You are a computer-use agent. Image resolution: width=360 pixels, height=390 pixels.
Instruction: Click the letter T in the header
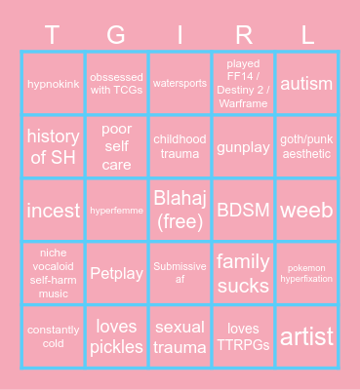click(54, 35)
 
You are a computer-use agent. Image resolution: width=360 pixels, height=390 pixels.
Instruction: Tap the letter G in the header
click(116, 35)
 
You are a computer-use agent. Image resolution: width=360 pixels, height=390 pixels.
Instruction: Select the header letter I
click(180, 35)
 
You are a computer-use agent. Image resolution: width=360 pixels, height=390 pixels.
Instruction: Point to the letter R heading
click(243, 35)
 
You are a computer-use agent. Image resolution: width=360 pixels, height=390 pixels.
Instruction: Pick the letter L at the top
click(306, 35)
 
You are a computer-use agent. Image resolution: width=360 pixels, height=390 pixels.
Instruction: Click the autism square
click(306, 84)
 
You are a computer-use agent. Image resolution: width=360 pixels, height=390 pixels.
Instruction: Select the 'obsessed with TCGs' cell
click(116, 84)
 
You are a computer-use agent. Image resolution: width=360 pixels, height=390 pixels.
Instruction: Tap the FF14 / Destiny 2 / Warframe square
click(243, 84)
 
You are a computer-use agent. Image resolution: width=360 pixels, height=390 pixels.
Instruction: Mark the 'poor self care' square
click(116, 146)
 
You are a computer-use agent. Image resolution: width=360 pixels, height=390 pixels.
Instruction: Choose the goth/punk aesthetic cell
click(306, 146)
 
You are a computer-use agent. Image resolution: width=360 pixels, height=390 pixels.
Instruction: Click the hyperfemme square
click(116, 210)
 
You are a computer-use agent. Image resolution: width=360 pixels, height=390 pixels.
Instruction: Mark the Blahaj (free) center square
click(180, 210)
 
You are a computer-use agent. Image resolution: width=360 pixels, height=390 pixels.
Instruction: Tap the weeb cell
click(306, 210)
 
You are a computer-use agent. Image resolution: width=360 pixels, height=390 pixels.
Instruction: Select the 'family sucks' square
click(243, 273)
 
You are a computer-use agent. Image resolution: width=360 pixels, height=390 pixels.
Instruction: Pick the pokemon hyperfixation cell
click(306, 273)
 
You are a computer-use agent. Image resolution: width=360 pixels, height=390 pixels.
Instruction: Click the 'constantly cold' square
click(54, 336)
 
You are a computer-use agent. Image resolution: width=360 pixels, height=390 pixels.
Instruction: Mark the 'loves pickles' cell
click(116, 336)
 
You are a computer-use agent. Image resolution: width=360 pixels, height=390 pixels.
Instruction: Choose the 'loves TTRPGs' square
click(243, 336)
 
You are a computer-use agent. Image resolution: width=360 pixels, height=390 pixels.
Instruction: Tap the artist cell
click(306, 336)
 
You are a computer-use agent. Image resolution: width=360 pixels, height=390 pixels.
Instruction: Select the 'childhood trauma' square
click(180, 146)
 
